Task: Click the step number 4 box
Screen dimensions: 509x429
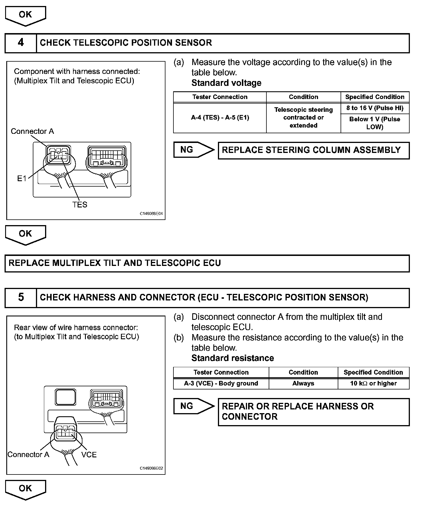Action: coord(21,43)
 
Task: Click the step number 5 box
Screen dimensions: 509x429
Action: coord(21,298)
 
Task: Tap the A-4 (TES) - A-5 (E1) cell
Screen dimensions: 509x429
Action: coord(220,118)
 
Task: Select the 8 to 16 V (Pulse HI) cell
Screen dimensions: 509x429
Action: coord(375,108)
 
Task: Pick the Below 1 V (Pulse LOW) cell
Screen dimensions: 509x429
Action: coord(375,123)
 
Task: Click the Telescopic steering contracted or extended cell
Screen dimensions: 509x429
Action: coord(303,118)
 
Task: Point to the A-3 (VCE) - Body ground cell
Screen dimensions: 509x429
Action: coord(221,383)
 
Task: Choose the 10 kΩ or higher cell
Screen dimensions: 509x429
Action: coord(373,383)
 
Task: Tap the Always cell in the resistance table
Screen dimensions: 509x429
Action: coord(303,383)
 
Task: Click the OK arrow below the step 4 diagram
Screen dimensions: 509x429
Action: coord(25,234)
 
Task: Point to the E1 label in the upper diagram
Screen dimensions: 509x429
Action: coord(22,179)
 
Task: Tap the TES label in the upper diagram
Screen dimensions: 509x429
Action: coord(80,205)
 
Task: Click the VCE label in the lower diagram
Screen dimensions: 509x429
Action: coord(89,455)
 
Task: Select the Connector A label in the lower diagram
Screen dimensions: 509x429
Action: coord(28,455)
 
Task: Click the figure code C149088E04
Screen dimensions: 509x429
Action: coord(151,214)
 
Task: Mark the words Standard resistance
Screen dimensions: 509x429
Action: coord(232,358)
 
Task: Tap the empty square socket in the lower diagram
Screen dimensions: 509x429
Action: coord(65,397)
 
